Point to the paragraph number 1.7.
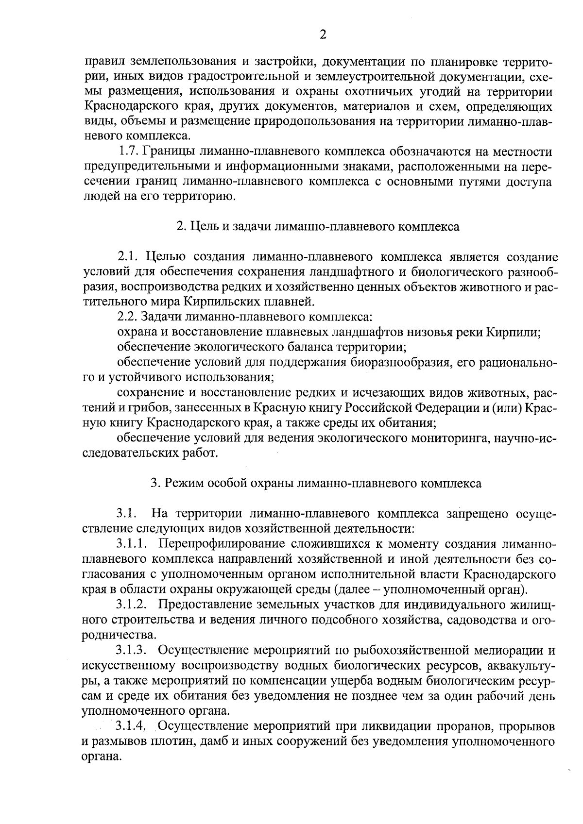tap(129, 151)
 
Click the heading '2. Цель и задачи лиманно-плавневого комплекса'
tap(317, 227)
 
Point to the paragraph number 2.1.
tap(127, 257)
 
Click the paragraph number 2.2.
tap(127, 317)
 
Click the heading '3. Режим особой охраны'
tap(316, 483)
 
